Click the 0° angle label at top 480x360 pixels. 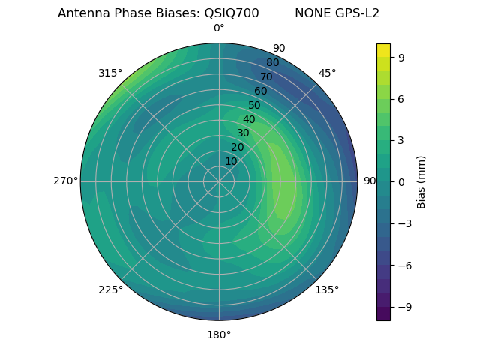pos(219,28)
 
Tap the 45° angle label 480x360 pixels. pos(327,73)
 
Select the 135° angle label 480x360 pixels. pos(327,289)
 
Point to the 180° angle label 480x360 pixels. pos(219,334)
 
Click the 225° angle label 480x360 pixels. pos(110,289)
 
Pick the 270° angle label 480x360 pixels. pos(66,181)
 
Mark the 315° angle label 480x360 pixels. pos(110,73)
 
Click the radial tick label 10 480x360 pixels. pos(231,161)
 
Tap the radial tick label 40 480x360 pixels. pos(249,119)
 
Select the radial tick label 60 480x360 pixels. pos(260,91)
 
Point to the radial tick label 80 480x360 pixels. pos(272,63)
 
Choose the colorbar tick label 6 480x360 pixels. pos(400,98)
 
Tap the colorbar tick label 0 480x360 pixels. pos(400,181)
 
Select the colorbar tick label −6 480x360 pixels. pos(403,265)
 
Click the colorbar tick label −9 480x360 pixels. pos(403,307)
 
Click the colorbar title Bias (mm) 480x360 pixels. pos(421,181)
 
